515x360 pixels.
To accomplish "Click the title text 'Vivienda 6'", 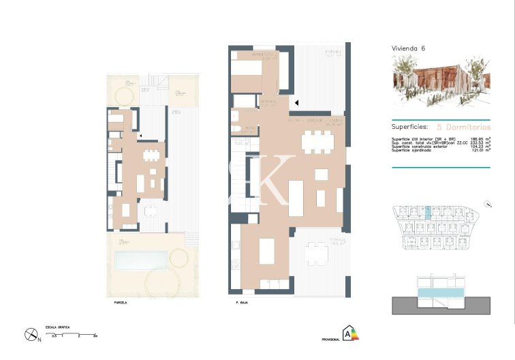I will click(x=408, y=48).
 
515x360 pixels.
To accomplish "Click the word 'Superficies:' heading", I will click(x=409, y=126).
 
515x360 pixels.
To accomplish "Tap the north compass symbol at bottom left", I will click(x=31, y=334).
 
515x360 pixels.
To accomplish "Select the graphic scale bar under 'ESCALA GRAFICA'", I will click(x=71, y=332).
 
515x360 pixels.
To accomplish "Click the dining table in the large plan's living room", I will click(x=318, y=141).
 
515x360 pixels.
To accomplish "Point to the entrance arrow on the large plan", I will click(x=296, y=103).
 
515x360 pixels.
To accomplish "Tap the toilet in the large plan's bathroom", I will click(x=235, y=129).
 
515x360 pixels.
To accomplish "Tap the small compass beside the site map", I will click(x=488, y=203).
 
